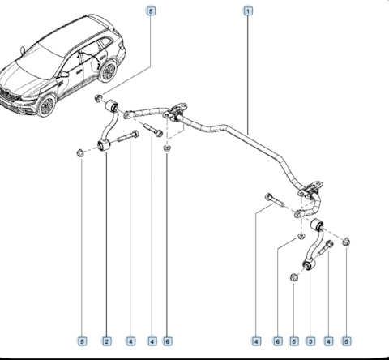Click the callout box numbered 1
(248, 11)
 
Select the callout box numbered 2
(106, 341)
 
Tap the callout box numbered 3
(310, 341)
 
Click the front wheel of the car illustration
(47, 105)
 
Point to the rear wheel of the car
(108, 71)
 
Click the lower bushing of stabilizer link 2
(104, 145)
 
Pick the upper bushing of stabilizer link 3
(316, 225)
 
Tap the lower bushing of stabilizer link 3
(308, 264)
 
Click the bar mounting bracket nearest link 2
(174, 113)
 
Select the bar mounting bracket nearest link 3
(310, 191)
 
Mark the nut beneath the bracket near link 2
(167, 148)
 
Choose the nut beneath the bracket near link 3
(301, 236)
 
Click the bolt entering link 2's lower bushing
(128, 136)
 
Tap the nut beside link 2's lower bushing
(79, 153)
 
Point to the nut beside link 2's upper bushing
(99, 98)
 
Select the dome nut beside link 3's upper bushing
(346, 242)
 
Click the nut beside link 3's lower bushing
(294, 277)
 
